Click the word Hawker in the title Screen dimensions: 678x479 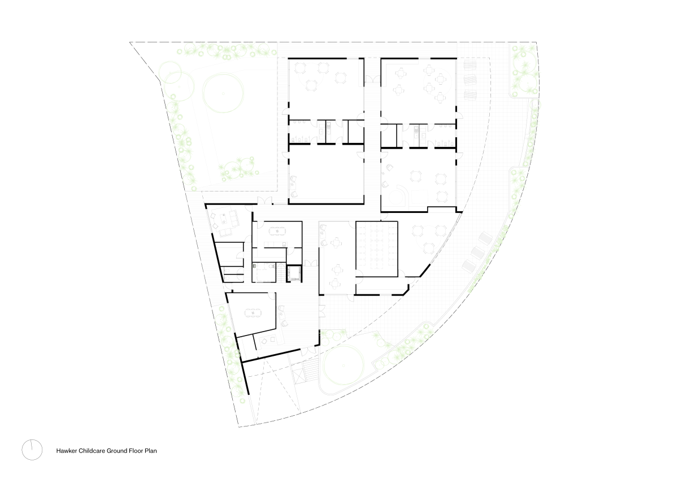pos(66,451)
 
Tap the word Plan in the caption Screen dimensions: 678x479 pos(151,451)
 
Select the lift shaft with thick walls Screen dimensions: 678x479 pos(294,274)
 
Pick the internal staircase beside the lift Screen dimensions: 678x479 pos(281,273)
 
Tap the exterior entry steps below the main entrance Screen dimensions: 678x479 pos(311,371)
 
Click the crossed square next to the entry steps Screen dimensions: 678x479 pos(298,377)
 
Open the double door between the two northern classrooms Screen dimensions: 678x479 pos(372,79)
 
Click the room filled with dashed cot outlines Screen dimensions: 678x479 pos(376,249)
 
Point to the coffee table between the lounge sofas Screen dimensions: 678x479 pos(224,218)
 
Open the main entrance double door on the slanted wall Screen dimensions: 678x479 pos(308,351)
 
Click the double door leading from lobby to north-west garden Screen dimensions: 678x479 pos(265,201)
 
